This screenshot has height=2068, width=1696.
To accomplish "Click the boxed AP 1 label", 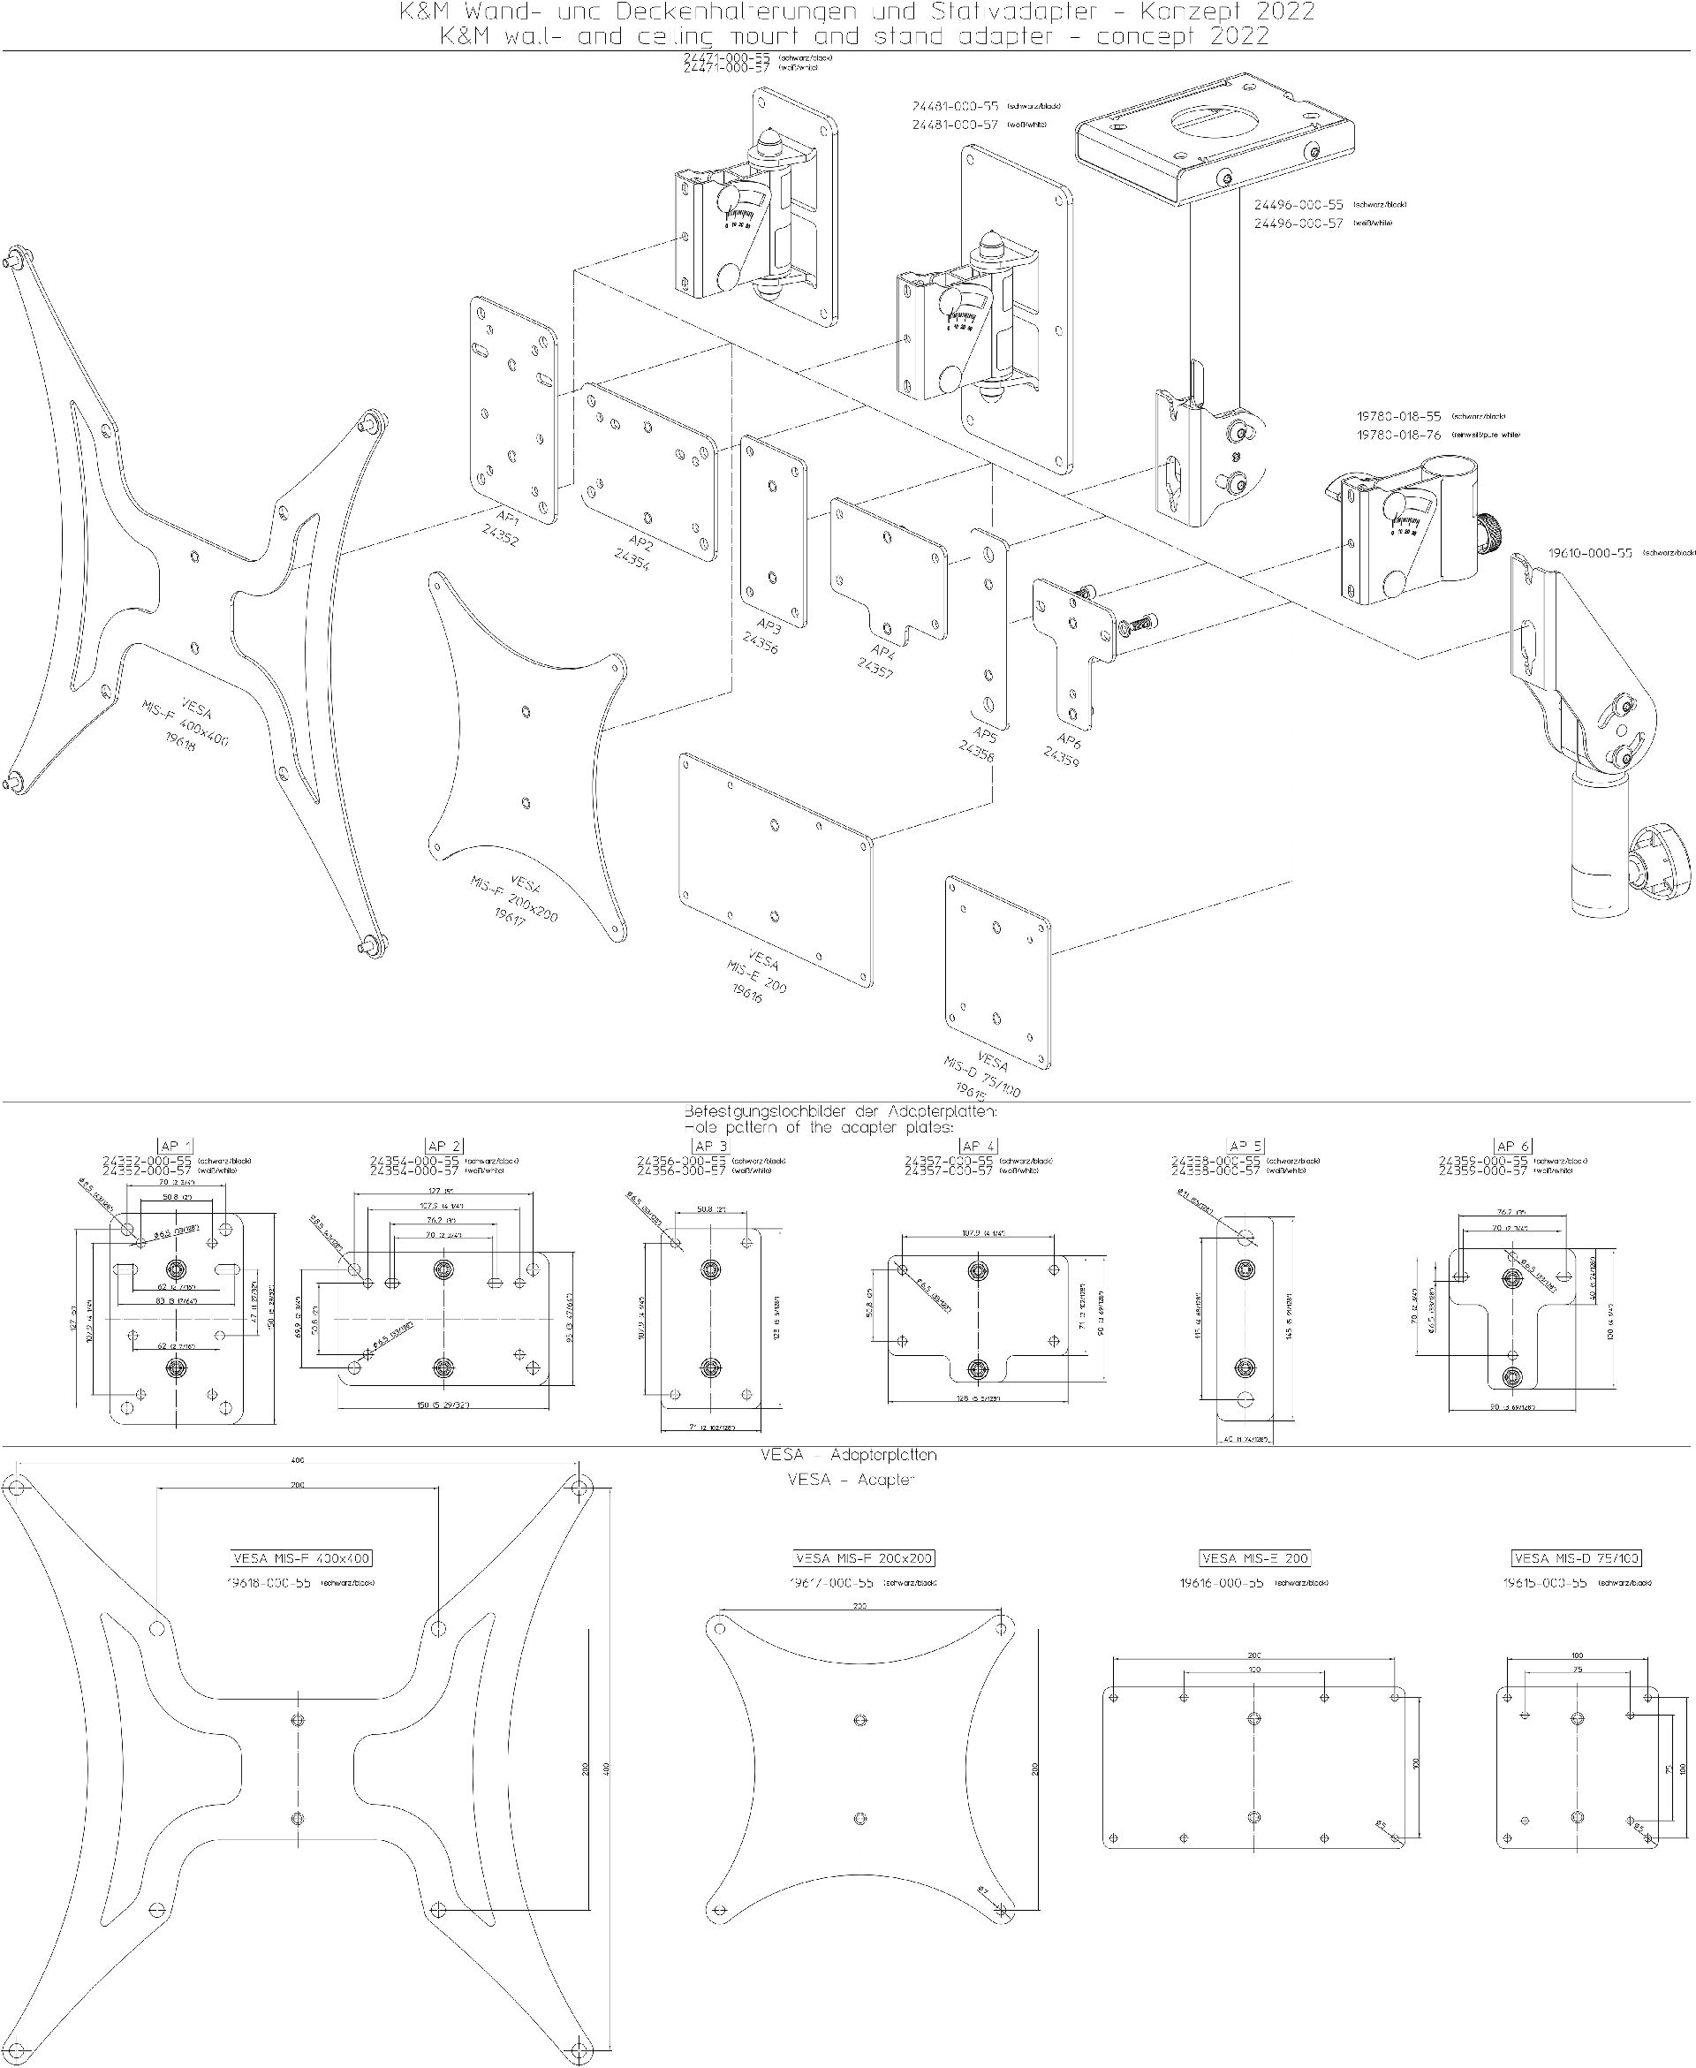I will (175, 1146).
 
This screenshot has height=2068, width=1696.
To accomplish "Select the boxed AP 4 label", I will (978, 1146).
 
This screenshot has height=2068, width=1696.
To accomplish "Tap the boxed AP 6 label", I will (1512, 1146).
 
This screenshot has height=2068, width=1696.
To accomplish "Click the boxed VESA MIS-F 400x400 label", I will (302, 1558).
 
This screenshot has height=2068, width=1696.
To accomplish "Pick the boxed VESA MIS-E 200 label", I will (1254, 1558).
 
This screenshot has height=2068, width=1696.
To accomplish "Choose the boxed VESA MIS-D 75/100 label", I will (1576, 1558).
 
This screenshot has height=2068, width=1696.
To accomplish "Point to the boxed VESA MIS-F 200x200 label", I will (864, 1558).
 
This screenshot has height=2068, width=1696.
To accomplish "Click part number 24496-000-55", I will (1298, 205).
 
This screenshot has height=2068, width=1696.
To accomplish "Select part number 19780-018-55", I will (1398, 416).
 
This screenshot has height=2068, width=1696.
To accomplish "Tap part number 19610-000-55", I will (1589, 553).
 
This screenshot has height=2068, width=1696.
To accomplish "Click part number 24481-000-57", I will (955, 125).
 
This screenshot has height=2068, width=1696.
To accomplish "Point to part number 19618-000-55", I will (269, 1582).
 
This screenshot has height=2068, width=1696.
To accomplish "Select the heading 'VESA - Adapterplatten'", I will (848, 1456).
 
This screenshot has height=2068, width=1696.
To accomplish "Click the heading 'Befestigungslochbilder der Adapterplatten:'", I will (840, 1111).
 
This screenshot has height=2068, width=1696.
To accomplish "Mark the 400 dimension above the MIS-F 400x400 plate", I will (298, 1460).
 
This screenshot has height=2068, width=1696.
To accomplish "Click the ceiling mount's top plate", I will (1214, 137).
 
